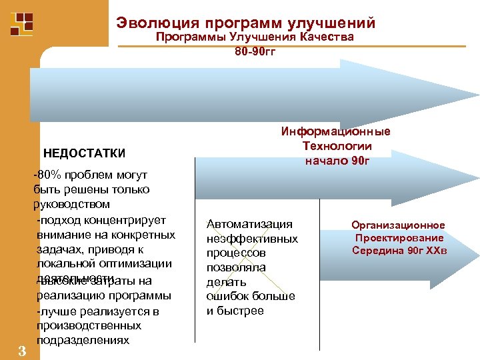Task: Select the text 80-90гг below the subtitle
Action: click(x=255, y=52)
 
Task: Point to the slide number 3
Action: click(x=21, y=351)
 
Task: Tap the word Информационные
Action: click(x=336, y=131)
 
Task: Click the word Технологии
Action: click(x=337, y=146)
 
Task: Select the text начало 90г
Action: click(x=337, y=161)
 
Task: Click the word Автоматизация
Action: click(x=249, y=224)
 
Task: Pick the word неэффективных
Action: click(x=252, y=239)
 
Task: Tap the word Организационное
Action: click(x=399, y=225)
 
